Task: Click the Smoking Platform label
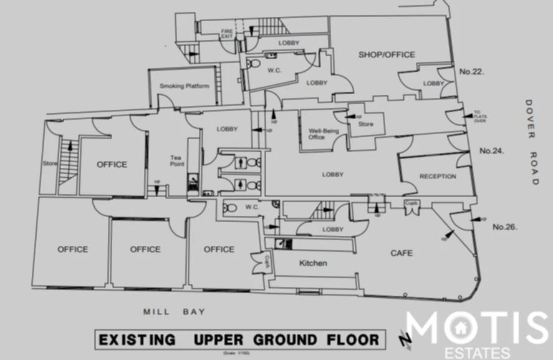(x=184, y=86)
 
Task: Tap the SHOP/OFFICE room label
(x=387, y=55)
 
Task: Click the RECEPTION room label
(x=437, y=177)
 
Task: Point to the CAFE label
(x=402, y=253)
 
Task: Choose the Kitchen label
(x=312, y=263)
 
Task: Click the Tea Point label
(x=178, y=161)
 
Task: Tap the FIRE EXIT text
(x=226, y=34)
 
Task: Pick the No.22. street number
(x=472, y=72)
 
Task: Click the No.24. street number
(x=491, y=151)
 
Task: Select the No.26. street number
(x=506, y=227)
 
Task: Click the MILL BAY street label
(x=174, y=311)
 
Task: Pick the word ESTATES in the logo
(x=477, y=353)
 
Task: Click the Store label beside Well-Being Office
(x=365, y=125)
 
